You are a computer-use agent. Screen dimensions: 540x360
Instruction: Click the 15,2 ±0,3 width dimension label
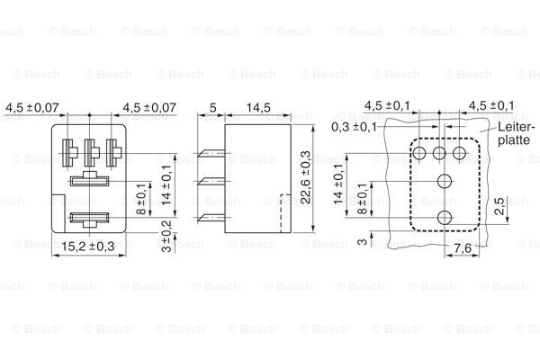(x=88, y=247)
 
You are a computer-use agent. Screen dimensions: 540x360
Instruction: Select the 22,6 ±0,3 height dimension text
(x=305, y=177)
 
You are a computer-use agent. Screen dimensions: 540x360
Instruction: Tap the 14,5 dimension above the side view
(x=258, y=107)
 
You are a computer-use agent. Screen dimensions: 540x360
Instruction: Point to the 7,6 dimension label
(x=463, y=248)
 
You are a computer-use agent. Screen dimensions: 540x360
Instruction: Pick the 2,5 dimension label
(x=499, y=206)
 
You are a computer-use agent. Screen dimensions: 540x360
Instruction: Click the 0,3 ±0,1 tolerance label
(x=354, y=127)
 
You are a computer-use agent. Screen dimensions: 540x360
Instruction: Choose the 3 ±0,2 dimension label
(x=166, y=237)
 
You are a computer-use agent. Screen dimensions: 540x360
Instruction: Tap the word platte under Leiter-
(x=514, y=139)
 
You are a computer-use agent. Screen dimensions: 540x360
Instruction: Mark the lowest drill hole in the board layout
(x=445, y=218)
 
